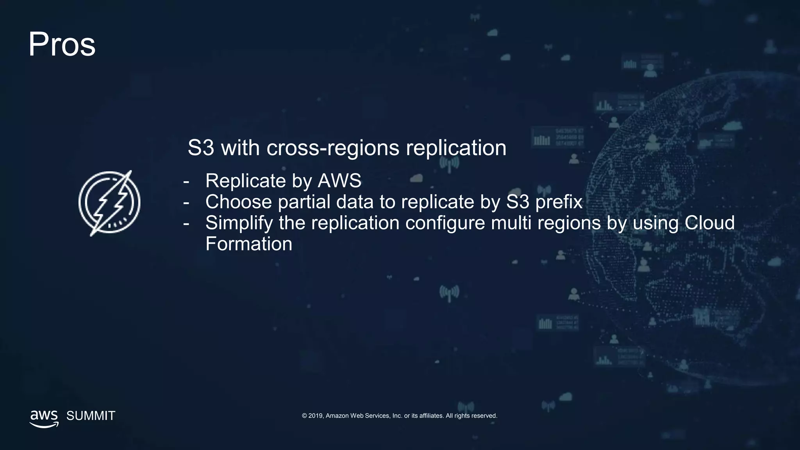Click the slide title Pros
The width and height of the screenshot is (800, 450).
click(62, 45)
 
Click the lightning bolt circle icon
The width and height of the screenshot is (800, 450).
click(109, 203)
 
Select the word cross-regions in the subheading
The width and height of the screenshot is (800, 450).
click(333, 148)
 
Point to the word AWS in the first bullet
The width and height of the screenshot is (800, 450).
click(339, 180)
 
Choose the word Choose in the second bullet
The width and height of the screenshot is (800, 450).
click(238, 202)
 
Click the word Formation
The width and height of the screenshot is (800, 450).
click(249, 244)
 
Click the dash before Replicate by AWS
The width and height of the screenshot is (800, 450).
click(186, 181)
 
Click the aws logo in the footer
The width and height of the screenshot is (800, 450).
click(44, 418)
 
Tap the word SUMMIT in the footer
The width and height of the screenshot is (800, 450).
click(91, 416)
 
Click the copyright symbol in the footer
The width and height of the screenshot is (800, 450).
click(304, 416)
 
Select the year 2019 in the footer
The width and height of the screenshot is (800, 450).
click(316, 416)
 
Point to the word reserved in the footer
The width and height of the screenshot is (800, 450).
click(484, 416)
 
